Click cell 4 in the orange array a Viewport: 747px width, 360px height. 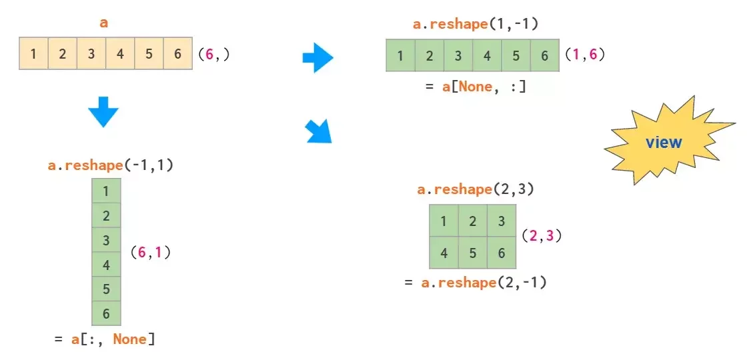120,54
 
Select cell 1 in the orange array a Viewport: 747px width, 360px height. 33,54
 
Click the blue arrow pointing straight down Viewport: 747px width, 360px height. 103,112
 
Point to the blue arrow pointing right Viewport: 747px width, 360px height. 317,57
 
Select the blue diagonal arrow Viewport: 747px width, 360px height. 318,131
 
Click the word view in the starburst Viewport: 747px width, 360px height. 664,142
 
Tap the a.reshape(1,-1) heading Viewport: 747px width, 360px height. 476,25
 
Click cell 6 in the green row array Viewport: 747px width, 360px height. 545,56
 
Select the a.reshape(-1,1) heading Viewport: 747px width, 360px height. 111,165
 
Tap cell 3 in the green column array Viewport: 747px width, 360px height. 106,240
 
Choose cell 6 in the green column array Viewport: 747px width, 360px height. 106,313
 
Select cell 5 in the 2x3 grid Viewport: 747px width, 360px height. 473,253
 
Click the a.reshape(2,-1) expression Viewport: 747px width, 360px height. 484,283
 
